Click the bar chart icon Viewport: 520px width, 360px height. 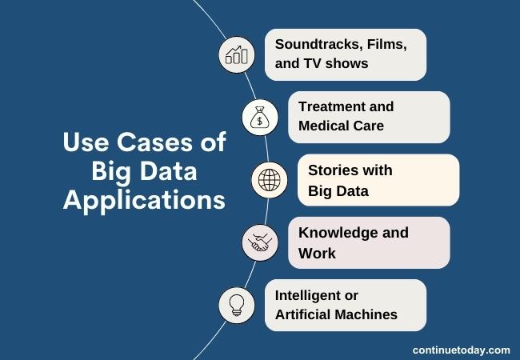236,54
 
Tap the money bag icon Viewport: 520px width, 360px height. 260,118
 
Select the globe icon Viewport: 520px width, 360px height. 269,180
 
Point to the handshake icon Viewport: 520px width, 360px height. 260,242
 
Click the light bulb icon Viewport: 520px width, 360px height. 236,305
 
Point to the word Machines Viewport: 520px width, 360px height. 367,314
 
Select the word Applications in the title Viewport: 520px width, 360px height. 144,200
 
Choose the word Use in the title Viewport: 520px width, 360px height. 83,144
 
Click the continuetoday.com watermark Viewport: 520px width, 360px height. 461,350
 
